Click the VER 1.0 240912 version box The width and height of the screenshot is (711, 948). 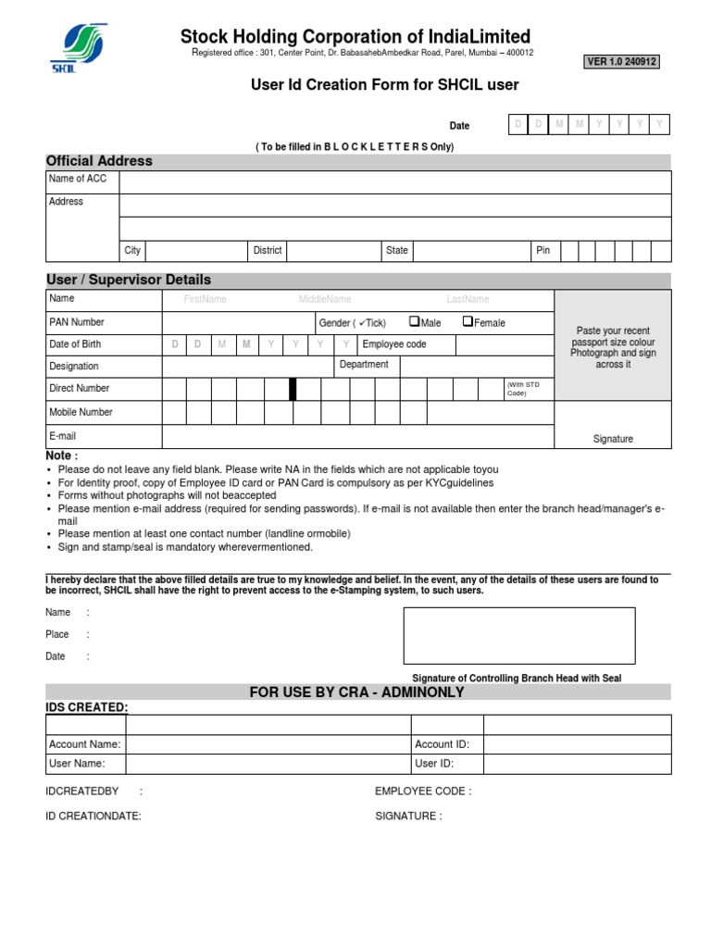(621, 62)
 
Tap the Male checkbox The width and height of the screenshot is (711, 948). (414, 322)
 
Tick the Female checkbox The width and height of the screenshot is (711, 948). (468, 322)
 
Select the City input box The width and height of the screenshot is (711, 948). (194, 251)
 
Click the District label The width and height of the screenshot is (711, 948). (268, 251)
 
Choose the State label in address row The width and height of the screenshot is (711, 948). (397, 251)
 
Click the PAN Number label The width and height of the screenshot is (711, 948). (77, 322)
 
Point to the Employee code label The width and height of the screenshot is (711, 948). (394, 344)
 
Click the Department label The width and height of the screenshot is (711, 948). (364, 365)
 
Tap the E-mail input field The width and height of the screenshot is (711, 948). (357, 436)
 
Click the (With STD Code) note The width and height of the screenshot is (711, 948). (516, 388)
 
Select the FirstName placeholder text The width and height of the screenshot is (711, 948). (205, 300)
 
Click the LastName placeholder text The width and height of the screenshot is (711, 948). (468, 300)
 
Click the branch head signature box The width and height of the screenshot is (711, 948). (519, 636)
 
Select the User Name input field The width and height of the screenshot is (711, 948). (268, 764)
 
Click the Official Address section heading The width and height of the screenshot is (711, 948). (100, 161)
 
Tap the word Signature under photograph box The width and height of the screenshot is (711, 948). (613, 439)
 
